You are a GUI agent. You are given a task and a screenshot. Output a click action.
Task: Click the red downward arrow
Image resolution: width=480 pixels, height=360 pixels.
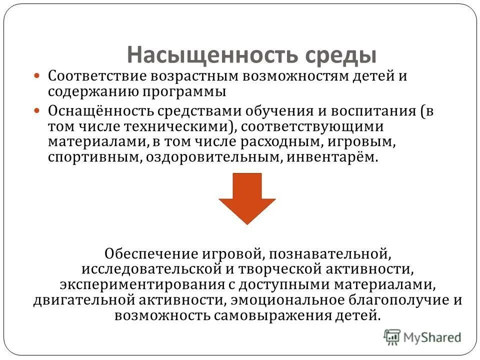[246, 198]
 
